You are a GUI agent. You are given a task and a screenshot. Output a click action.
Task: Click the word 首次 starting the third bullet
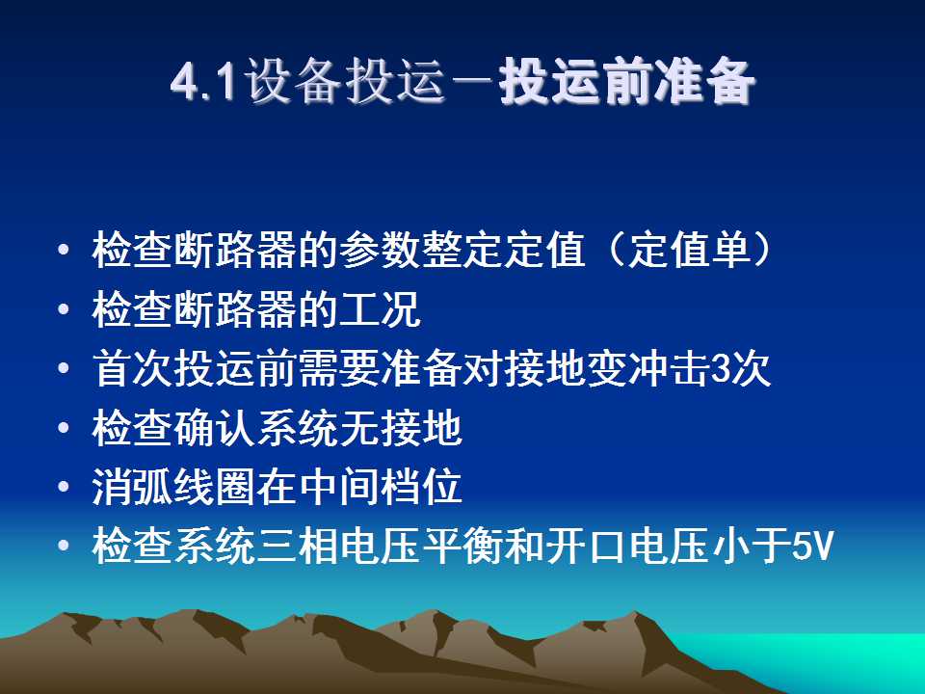(133, 368)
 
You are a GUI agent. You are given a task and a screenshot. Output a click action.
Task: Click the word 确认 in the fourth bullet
(215, 427)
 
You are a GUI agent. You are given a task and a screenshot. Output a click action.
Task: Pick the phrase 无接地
(400, 427)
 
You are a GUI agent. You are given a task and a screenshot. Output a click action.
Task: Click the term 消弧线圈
(174, 487)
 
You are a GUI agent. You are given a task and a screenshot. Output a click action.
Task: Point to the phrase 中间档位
(380, 487)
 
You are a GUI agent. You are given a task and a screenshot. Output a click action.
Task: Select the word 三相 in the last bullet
(298, 546)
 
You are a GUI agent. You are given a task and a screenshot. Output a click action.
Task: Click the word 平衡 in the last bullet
(462, 546)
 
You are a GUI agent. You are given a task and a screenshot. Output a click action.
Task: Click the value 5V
(812, 547)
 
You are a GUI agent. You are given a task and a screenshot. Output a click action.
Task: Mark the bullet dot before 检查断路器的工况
(64, 308)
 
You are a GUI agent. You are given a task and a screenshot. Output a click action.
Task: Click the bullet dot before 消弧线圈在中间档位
(64, 487)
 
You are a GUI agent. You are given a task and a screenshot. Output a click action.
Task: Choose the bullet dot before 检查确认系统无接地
(64, 427)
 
